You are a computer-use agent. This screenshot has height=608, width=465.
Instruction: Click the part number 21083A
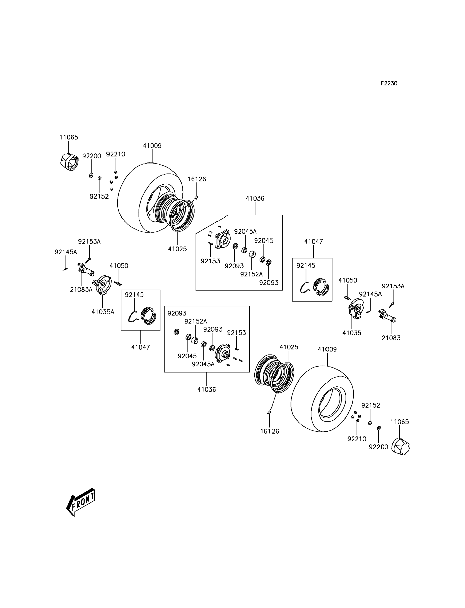pos(81,290)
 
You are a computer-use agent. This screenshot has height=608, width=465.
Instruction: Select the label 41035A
pos(103,312)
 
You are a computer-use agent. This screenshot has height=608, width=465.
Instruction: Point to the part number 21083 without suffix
pos(391,338)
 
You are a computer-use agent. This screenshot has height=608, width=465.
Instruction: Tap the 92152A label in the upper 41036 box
pos(251,274)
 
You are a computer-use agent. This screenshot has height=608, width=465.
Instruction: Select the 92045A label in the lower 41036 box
pos(203,364)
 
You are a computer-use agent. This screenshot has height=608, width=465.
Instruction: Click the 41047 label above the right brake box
pos(313,241)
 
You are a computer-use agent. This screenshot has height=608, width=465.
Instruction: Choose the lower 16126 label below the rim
pos(270,431)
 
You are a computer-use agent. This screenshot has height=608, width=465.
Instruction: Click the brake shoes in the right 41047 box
pos(321,287)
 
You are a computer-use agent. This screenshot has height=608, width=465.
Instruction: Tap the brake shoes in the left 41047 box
pos(149,316)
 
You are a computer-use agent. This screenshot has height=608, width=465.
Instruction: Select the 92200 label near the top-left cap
pos(92,156)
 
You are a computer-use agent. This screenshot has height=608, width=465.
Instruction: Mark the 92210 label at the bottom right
pos(357,439)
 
